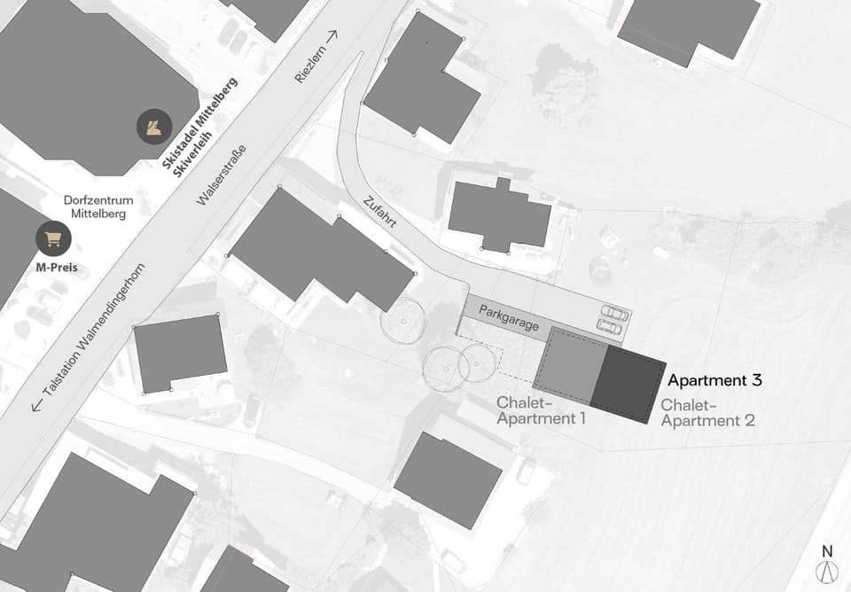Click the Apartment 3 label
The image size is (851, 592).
coord(714,380)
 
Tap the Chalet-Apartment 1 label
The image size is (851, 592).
coord(542,409)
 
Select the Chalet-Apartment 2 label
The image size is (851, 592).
coord(707,412)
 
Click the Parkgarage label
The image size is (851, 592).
coord(509,318)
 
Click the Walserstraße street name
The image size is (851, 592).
coord(221,174)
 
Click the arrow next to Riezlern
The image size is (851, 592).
coord(332,36)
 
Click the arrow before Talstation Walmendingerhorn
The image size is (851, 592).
coord(37,406)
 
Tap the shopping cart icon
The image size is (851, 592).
coord(53,238)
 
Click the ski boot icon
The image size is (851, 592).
coord(153,126)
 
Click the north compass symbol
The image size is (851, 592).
coord(828,573)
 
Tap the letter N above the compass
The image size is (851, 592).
coord(827,549)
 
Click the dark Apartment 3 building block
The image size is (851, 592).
coord(628,384)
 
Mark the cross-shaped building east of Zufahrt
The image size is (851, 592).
coord(499,215)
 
